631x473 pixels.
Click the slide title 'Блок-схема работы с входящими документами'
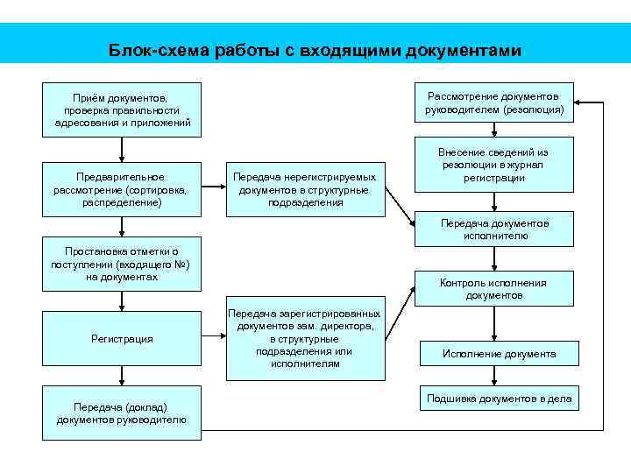[x=315, y=51]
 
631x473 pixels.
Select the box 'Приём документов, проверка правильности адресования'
[x=122, y=110]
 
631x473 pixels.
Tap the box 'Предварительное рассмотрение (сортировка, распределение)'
[x=122, y=189]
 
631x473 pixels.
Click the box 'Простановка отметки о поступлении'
[x=122, y=264]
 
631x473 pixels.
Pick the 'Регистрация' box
[x=122, y=339]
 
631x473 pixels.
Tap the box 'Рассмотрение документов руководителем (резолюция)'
[x=494, y=103]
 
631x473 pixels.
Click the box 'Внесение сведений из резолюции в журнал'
[x=494, y=164]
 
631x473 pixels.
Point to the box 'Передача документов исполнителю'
[x=494, y=229]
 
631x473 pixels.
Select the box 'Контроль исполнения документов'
[x=494, y=289]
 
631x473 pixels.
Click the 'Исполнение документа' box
[x=499, y=354]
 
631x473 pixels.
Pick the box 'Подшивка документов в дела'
[x=499, y=399]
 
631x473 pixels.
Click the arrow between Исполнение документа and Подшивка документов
[x=494, y=376]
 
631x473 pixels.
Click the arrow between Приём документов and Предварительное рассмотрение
[x=122, y=150]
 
